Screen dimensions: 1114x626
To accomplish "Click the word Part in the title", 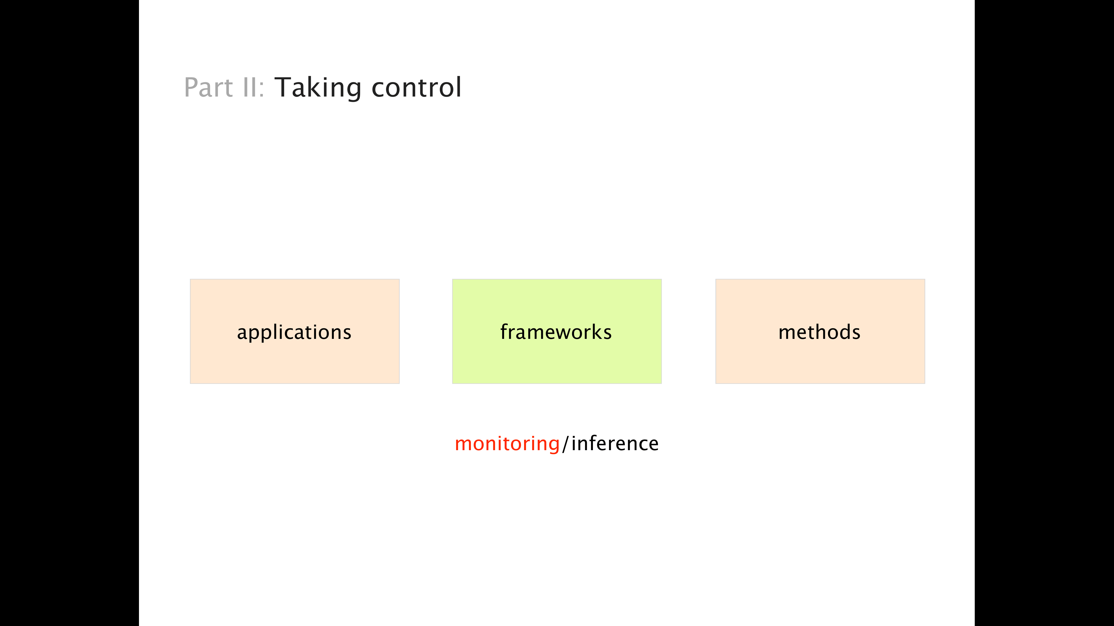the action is tap(208, 87).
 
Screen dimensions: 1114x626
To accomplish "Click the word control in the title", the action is tap(416, 87).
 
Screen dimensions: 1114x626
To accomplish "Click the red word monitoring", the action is tap(507, 444).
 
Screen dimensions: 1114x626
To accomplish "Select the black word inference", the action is tap(615, 443).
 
